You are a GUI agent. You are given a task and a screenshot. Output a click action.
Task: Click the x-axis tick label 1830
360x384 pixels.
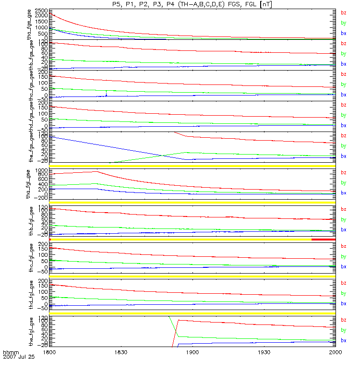pos(120,352)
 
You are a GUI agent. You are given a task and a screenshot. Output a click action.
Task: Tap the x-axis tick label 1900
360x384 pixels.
pos(192,352)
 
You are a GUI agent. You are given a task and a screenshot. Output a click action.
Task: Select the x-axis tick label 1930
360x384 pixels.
pos(264,352)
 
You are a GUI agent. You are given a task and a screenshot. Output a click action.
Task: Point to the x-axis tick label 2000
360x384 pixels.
pos(335,352)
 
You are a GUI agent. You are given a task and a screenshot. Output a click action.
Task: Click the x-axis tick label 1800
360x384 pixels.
pos(49,352)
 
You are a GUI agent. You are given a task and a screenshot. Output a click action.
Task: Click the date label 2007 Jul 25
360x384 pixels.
pos(19,357)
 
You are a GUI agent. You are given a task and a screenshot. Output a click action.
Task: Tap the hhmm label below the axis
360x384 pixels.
pos(11,352)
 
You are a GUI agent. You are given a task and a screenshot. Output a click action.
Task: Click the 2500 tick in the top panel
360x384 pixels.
pos(41,10)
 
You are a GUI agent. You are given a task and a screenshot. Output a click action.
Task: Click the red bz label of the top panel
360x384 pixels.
pos(343,13)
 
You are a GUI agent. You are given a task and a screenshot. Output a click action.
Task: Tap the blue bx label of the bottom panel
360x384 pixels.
pos(343,340)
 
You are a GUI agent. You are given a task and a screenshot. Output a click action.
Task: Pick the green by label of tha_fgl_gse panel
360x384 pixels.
pos(343,182)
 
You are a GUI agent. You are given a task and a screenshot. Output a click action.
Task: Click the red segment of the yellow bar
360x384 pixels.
pos(323,239)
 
